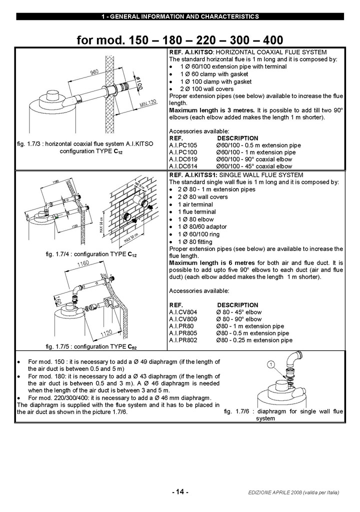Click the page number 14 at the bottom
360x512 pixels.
[180, 492]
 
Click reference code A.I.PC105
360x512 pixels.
[183, 145]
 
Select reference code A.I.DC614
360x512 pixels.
[183, 166]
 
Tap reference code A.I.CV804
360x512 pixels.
[183, 312]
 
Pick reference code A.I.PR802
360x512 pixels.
[183, 340]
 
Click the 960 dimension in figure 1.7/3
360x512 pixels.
[94, 73]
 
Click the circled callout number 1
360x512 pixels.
[270, 365]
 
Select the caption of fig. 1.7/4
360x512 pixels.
[91, 254]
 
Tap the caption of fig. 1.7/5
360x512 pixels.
[91, 346]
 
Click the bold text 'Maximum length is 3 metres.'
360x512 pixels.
[212, 110]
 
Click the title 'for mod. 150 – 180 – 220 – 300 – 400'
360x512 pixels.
[180, 39]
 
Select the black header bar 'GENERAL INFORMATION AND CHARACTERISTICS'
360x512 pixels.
[180, 16]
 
